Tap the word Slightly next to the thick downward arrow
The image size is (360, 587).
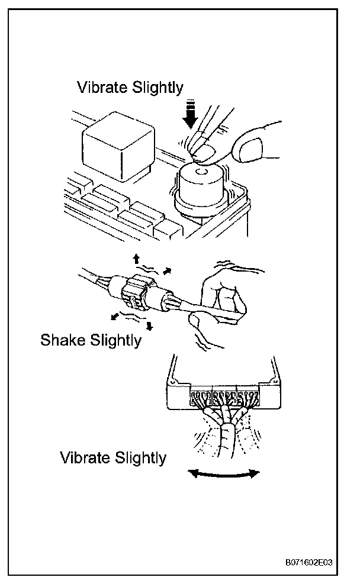[156, 88]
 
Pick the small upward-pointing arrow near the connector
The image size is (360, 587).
[135, 258]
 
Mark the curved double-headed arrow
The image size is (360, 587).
[224, 473]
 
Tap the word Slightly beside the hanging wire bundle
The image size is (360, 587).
[139, 458]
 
